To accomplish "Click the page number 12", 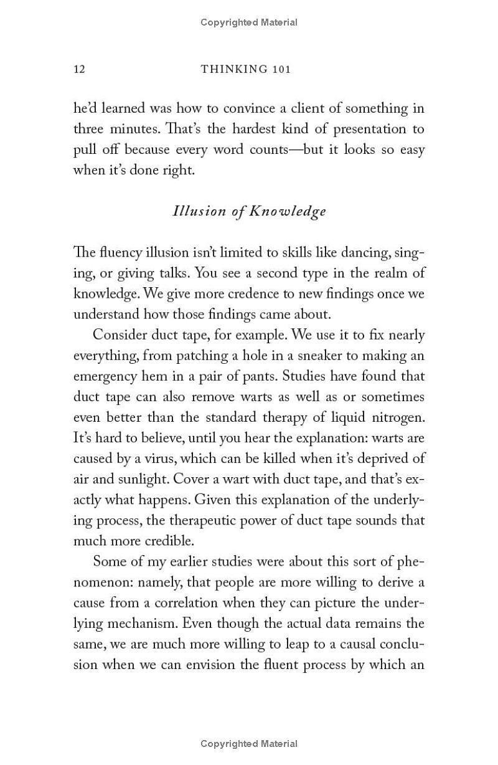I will [x=79, y=69].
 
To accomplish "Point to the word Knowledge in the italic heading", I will [x=288, y=211].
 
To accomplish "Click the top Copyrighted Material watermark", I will [x=249, y=22].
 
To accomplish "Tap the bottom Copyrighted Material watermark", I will [x=249, y=743].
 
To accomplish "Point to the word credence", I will [x=204, y=293].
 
